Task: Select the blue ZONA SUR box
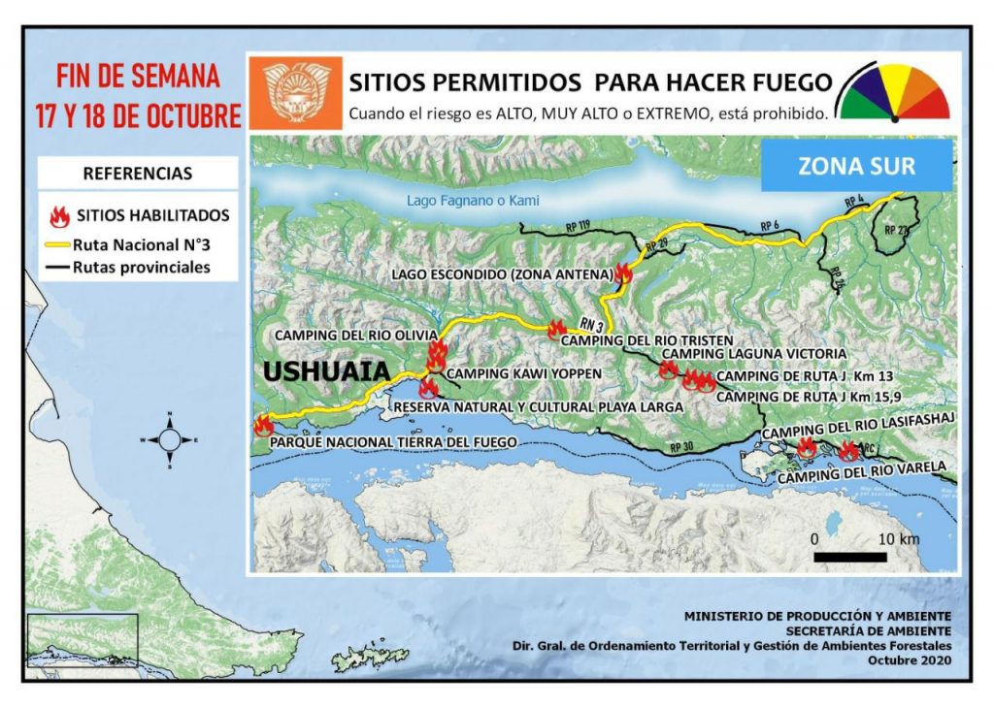[855, 166]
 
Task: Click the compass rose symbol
[169, 439]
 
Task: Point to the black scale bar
[849, 557]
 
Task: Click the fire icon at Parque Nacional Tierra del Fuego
[262, 425]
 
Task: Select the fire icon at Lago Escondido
[623, 274]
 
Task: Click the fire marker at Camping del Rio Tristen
[556, 329]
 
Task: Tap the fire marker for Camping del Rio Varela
[848, 450]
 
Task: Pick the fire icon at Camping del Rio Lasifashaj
[806, 447]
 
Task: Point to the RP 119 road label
[577, 226]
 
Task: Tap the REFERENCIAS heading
[137, 175]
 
